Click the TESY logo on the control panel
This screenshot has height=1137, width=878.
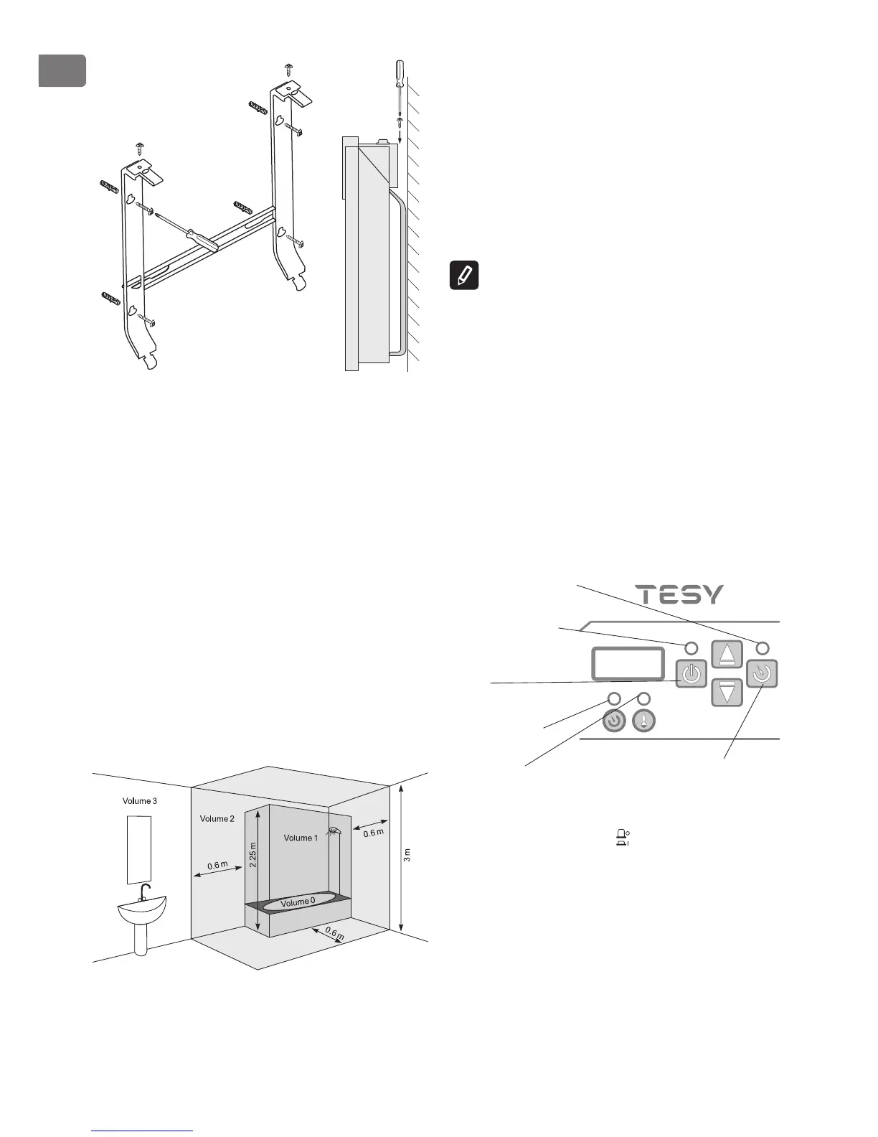click(681, 594)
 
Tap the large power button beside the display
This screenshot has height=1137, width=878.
click(691, 675)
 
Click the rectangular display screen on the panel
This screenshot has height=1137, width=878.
click(626, 663)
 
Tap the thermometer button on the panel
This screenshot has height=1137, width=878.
click(643, 721)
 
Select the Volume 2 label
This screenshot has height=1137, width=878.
click(217, 818)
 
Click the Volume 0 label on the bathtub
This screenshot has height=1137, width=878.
click(298, 902)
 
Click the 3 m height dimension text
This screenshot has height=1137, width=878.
click(407, 855)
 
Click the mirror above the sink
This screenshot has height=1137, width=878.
click(140, 850)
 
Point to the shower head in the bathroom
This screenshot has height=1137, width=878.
click(334, 832)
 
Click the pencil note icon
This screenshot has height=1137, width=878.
click(464, 276)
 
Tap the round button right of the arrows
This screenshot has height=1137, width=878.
click(762, 675)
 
